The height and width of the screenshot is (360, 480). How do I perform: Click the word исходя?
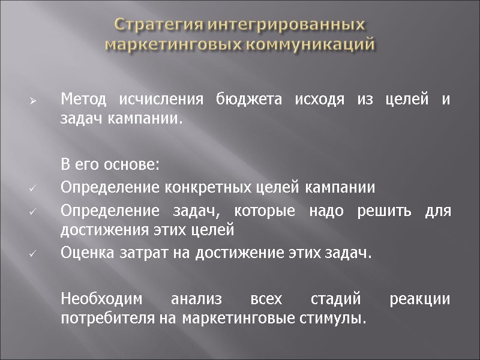316,98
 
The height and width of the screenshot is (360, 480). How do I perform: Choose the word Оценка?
83,253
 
